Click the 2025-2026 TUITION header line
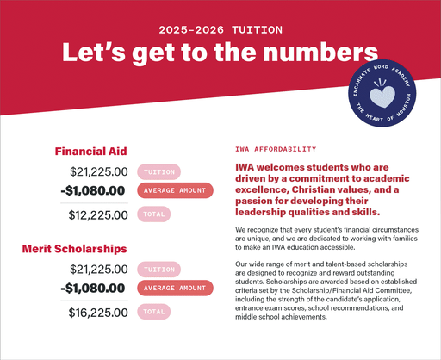click(220, 28)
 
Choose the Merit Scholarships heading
click(75, 249)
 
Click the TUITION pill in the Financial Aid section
click(159, 171)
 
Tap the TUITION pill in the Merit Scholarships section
click(159, 270)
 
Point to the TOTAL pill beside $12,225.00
click(155, 213)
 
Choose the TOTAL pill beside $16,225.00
click(155, 310)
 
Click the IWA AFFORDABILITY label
click(270, 149)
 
